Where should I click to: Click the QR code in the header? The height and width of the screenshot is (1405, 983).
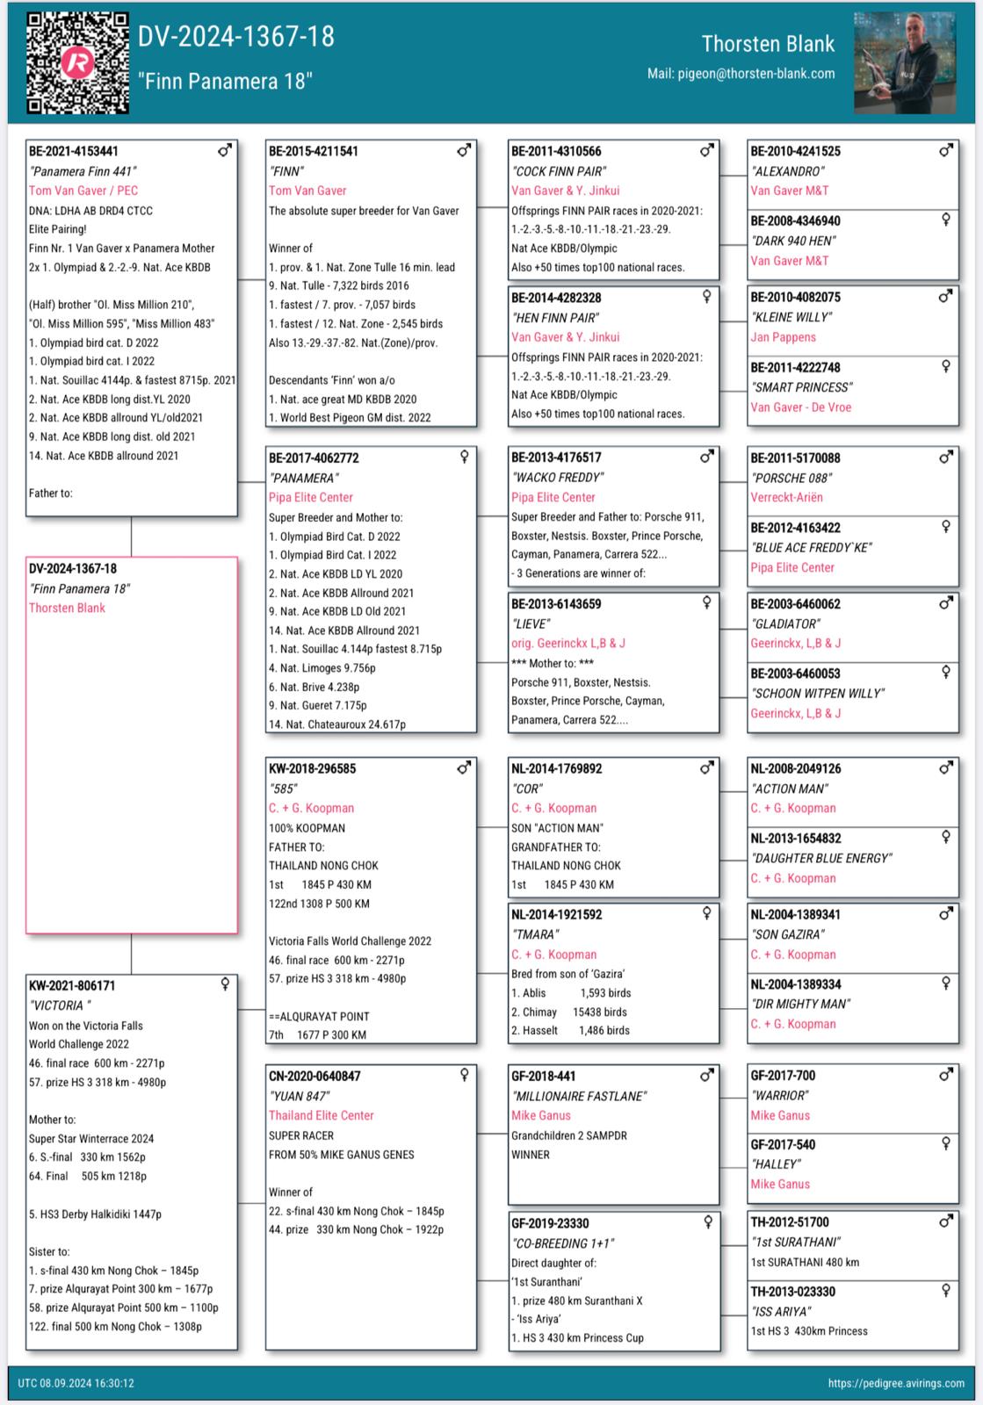77,61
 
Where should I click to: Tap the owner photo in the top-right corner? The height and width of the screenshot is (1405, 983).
905,61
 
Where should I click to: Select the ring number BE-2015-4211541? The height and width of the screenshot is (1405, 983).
314,152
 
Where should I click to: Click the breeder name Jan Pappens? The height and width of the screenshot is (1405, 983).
783,337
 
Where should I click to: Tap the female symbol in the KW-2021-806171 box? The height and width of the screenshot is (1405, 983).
226,984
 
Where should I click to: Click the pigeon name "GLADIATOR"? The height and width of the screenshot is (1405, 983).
785,623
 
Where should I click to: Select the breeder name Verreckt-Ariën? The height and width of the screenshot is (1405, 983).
786,497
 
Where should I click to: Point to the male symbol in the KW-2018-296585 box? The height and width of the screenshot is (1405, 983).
464,767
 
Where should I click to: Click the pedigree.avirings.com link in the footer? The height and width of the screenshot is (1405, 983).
896,1383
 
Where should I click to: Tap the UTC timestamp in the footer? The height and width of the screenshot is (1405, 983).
76,1383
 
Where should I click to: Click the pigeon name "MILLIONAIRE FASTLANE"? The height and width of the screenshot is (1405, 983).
579,1096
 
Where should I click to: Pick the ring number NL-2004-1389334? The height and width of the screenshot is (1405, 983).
796,984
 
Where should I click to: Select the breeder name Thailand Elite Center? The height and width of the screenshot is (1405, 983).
322,1115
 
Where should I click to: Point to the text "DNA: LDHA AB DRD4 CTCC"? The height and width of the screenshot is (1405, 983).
90,211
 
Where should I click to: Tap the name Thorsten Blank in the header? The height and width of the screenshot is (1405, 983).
768,44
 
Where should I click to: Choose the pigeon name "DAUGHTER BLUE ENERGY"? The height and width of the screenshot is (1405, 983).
821,858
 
